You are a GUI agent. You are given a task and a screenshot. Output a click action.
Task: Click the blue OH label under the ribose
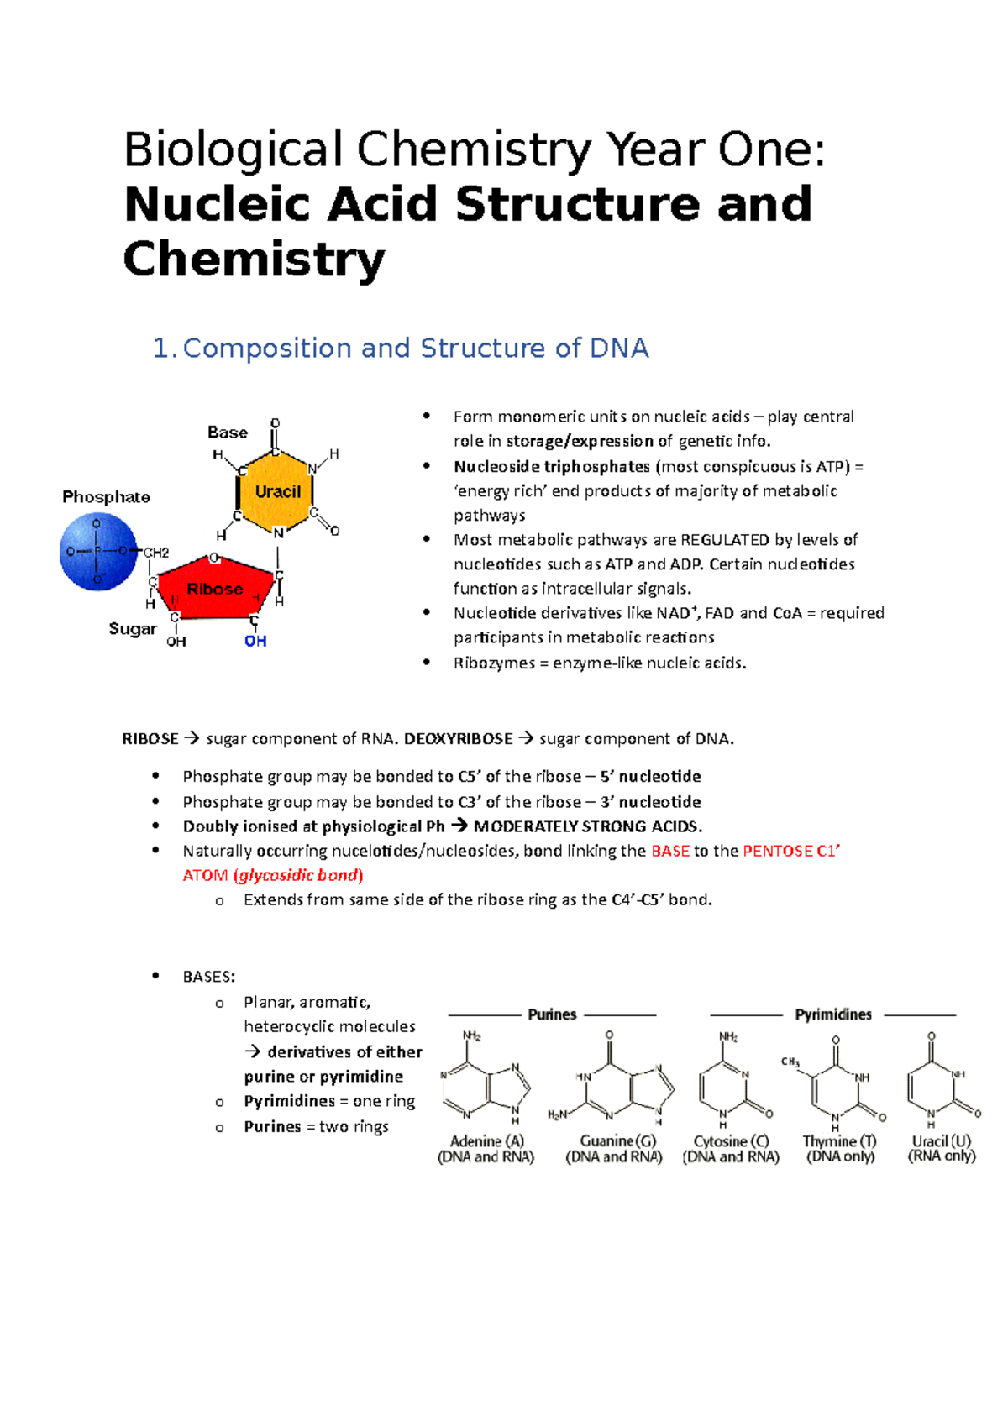pos(255,642)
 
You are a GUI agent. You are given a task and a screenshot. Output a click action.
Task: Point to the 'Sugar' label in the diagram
pos(133,628)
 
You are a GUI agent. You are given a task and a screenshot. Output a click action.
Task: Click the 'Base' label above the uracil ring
pos(228,433)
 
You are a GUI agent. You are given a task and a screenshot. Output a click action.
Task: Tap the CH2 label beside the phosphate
pos(156,553)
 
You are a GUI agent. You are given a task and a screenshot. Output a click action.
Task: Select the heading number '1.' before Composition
pos(165,349)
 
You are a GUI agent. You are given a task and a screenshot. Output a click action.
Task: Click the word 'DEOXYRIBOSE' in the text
pos(458,739)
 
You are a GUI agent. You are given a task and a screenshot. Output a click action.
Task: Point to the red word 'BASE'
pos(670,851)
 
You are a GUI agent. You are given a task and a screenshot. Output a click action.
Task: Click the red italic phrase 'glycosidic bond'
pos(298,875)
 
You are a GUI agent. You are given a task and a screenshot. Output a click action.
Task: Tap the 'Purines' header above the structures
pos(552,1014)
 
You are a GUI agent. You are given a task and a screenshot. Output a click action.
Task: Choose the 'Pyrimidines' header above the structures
pos(833,1014)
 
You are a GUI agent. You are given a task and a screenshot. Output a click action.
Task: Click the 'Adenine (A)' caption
pos(486,1141)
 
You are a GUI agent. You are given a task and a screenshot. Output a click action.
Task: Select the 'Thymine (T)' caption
pos(839,1141)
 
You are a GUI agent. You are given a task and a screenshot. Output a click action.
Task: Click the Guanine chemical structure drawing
pos(612,1083)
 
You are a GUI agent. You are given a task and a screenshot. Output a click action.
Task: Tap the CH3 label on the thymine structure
pos(790,1062)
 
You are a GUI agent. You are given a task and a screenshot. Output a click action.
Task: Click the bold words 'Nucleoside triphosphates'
pos(552,467)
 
